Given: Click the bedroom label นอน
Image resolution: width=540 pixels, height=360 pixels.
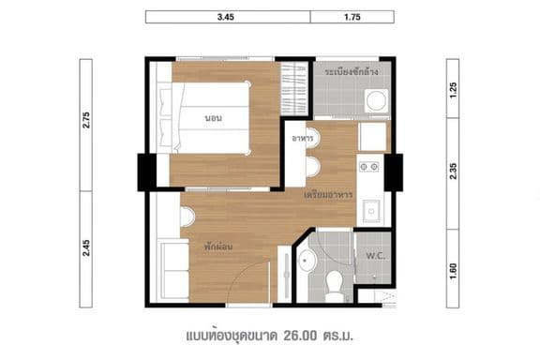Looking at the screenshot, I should click(213, 118).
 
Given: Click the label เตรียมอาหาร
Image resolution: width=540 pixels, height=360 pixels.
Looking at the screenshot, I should click(328, 195).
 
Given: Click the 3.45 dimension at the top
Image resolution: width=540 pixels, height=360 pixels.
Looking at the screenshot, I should click(227, 17).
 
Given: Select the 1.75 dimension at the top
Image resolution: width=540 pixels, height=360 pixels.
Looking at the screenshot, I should click(352, 17).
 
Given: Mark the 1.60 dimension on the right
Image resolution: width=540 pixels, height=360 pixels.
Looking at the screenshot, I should click(454, 266).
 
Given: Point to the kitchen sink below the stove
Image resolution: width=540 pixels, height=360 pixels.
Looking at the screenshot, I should click(372, 208).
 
